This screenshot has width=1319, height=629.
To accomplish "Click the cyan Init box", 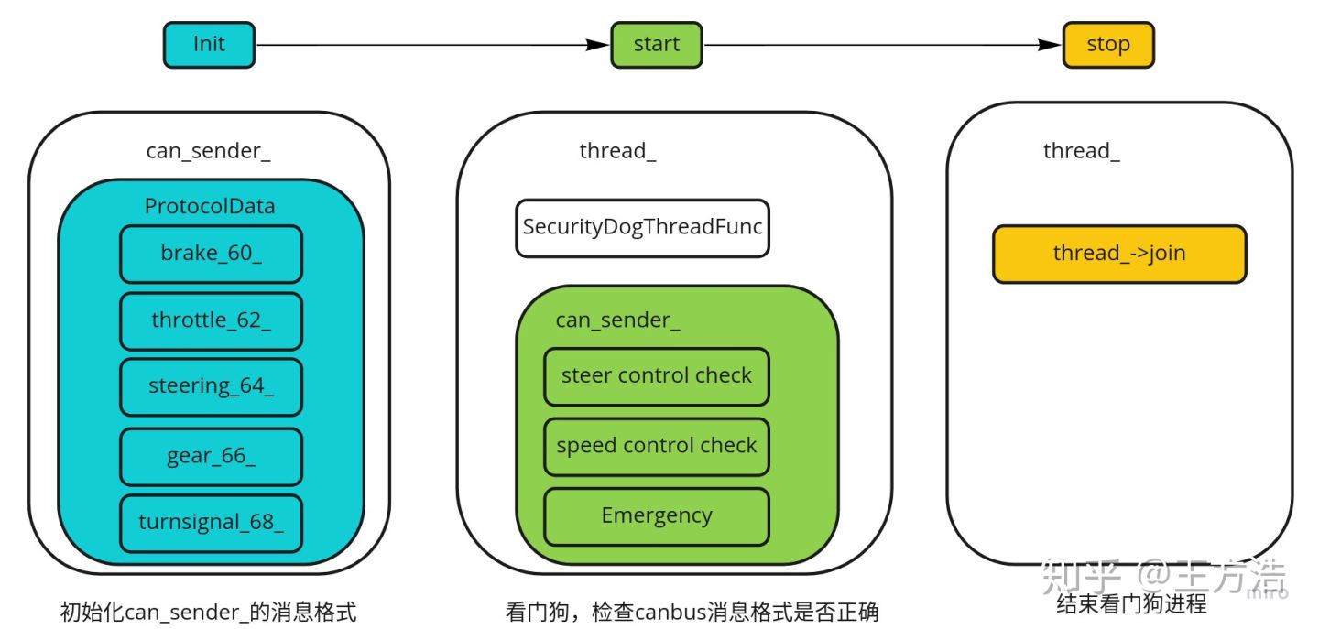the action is tap(209, 45).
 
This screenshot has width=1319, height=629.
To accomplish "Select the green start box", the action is tap(657, 45).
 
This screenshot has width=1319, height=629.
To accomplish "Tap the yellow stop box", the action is tap(1108, 45).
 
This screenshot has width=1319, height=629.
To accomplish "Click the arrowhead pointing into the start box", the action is tap(597, 45).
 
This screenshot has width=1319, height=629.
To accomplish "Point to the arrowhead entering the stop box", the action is tap(1050, 45).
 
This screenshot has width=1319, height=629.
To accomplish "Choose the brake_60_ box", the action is tap(211, 254).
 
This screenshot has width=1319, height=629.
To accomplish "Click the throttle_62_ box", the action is tap(211, 320).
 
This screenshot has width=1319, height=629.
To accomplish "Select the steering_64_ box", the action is tap(211, 386).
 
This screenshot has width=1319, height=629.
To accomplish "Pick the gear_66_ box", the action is tap(211, 456).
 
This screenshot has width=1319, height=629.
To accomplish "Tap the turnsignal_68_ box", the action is tap(211, 523).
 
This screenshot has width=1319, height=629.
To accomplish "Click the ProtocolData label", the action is tap(210, 206).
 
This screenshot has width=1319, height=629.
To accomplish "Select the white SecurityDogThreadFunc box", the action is tap(642, 228).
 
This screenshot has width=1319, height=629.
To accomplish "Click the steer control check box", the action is tap(657, 376).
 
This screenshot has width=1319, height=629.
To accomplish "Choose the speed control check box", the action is tap(657, 447).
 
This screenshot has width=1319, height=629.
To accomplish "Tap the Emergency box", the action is tap(657, 516).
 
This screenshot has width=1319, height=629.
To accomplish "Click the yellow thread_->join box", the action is tap(1119, 254).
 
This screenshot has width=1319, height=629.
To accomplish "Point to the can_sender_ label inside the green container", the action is tap(617, 320).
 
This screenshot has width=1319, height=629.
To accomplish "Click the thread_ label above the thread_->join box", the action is tap(1082, 151).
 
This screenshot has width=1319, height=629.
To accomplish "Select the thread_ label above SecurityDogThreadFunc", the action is tap(617, 151).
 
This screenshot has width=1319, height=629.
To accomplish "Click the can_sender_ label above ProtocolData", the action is tap(209, 151).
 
